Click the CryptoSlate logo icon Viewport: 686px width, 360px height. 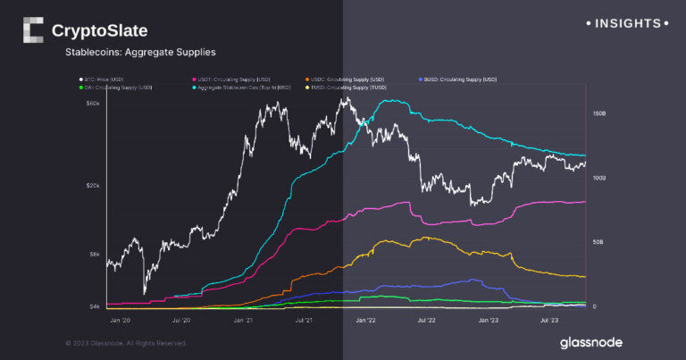click(x=32, y=30)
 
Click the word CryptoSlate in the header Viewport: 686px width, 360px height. click(x=99, y=30)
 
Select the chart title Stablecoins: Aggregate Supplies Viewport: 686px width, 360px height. click(x=139, y=53)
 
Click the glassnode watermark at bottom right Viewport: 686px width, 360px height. click(x=590, y=342)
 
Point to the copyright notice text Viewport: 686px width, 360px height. click(x=127, y=342)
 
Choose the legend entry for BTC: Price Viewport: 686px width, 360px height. click(x=103, y=80)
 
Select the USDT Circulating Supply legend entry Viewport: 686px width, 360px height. click(x=234, y=80)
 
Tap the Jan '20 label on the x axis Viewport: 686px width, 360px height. click(x=119, y=318)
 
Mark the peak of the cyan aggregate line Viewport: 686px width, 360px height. click(x=394, y=101)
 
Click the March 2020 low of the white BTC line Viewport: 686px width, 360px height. click(x=145, y=292)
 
